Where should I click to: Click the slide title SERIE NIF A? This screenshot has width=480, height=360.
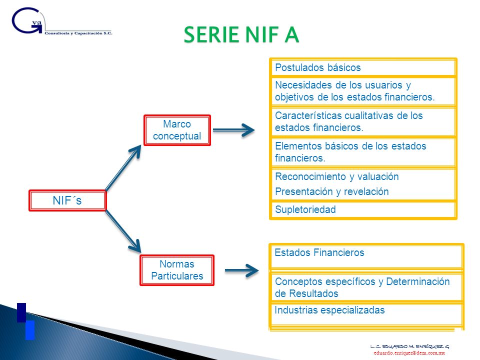(241, 34)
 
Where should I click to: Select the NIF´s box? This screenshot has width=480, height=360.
(67, 200)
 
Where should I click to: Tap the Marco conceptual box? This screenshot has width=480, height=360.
(177, 130)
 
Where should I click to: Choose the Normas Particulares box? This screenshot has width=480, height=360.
(177, 270)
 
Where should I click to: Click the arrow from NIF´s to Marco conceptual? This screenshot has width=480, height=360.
(123, 168)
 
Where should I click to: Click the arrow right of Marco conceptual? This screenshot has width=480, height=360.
(233, 130)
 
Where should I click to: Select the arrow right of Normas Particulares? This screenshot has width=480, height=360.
(242, 270)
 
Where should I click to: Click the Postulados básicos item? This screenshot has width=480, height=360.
(363, 67)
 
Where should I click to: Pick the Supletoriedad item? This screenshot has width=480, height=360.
(363, 209)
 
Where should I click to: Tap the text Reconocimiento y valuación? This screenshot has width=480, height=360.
(336, 176)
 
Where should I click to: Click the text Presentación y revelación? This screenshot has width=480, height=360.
(332, 191)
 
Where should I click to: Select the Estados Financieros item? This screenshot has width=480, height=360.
(366, 256)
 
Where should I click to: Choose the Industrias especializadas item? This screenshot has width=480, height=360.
(366, 314)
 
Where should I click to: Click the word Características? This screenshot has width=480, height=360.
(308, 115)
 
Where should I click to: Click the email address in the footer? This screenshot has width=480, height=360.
(409, 353)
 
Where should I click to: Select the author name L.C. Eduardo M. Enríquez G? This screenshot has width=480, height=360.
(409, 346)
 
